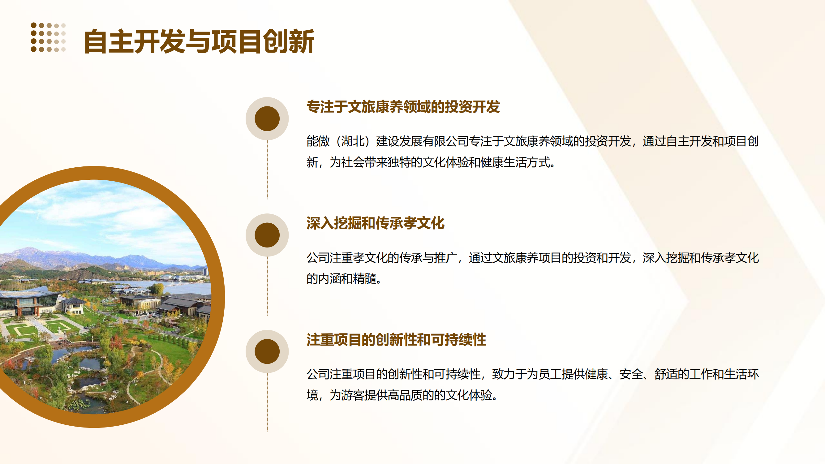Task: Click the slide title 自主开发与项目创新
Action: click(199, 42)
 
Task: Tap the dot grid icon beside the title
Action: click(48, 37)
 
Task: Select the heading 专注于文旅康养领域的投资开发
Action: click(403, 107)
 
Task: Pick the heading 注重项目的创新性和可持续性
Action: click(396, 339)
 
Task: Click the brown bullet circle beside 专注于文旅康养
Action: click(267, 118)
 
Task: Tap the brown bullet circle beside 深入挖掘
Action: click(267, 235)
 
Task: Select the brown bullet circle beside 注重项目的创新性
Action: click(267, 351)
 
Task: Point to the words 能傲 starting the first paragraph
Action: click(318, 141)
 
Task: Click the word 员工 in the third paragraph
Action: click(550, 374)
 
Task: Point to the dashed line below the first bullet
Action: click(267, 170)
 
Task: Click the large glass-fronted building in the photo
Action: click(26, 303)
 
